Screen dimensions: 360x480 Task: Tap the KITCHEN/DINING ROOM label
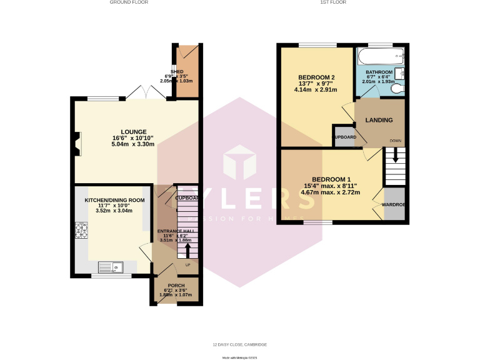114,200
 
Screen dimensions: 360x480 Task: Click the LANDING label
379,120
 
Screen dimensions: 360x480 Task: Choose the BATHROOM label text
379,72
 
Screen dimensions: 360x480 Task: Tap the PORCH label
176,285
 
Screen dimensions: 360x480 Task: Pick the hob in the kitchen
81,231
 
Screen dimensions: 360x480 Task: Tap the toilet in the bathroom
396,89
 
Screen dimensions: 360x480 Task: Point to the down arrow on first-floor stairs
396,158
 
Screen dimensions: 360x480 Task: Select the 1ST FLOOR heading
333,2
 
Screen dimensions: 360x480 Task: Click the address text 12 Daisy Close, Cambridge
239,344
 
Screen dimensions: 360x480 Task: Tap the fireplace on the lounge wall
76,144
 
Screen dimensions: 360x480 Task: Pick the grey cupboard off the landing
342,136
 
